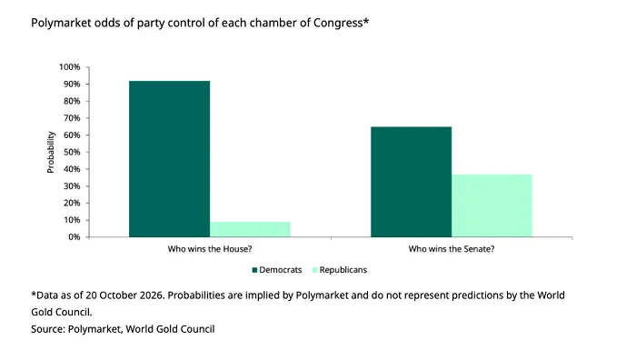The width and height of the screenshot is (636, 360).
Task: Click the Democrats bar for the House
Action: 170,159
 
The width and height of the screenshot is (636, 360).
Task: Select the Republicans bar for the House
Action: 250,229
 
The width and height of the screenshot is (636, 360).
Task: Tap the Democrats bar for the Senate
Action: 412,182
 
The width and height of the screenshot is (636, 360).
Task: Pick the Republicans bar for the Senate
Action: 492,205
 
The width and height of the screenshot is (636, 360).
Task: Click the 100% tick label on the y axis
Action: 70,67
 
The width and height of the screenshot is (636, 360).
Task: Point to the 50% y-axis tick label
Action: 72,152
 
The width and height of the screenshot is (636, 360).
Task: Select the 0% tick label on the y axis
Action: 74,237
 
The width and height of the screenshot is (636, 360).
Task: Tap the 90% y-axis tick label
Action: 72,84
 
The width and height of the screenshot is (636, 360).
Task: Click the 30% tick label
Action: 72,186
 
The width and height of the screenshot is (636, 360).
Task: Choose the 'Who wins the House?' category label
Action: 210,249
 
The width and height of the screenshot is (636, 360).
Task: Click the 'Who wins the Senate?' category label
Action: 452,249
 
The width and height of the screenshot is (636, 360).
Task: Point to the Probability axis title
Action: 51,152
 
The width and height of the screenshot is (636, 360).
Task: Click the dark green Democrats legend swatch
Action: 254,270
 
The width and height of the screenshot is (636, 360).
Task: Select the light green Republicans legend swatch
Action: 314,270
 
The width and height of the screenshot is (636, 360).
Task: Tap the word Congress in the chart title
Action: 338,23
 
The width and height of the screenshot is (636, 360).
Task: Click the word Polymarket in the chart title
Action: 61,23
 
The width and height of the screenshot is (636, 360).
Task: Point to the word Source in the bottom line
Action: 48,329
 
